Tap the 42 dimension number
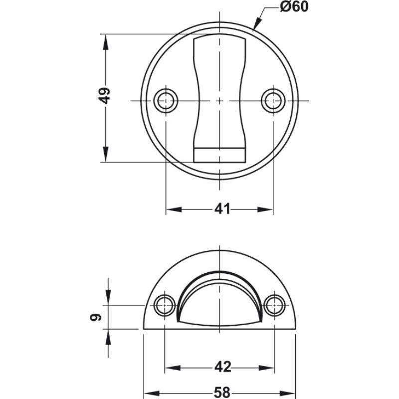click(x=223, y=367)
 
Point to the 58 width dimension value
click(x=223, y=393)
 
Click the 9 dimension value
click(x=98, y=317)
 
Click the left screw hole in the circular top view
click(x=166, y=100)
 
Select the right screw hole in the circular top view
click(x=273, y=100)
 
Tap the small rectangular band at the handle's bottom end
click(x=219, y=154)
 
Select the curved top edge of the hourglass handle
click(x=219, y=37)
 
